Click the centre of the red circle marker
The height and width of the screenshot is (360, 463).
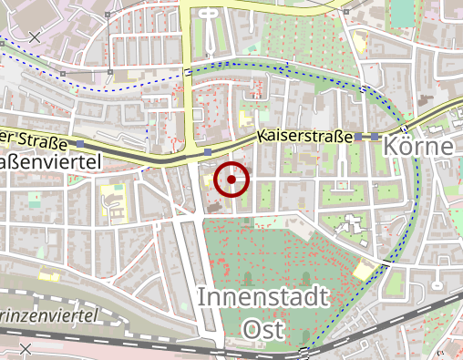232,180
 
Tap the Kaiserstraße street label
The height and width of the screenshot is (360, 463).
304,137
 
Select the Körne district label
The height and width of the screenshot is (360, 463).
418,146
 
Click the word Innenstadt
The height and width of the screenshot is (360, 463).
263,297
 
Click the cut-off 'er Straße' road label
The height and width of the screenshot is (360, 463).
34,140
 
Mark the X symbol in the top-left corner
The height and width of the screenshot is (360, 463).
35,36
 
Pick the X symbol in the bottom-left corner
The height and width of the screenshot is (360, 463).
26,349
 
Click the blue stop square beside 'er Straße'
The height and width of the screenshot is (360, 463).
80,144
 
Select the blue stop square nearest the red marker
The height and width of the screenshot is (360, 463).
209,151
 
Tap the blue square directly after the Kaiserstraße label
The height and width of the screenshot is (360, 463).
361,137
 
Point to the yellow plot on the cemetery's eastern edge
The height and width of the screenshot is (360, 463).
365,270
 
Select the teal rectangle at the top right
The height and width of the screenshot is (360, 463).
402,12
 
